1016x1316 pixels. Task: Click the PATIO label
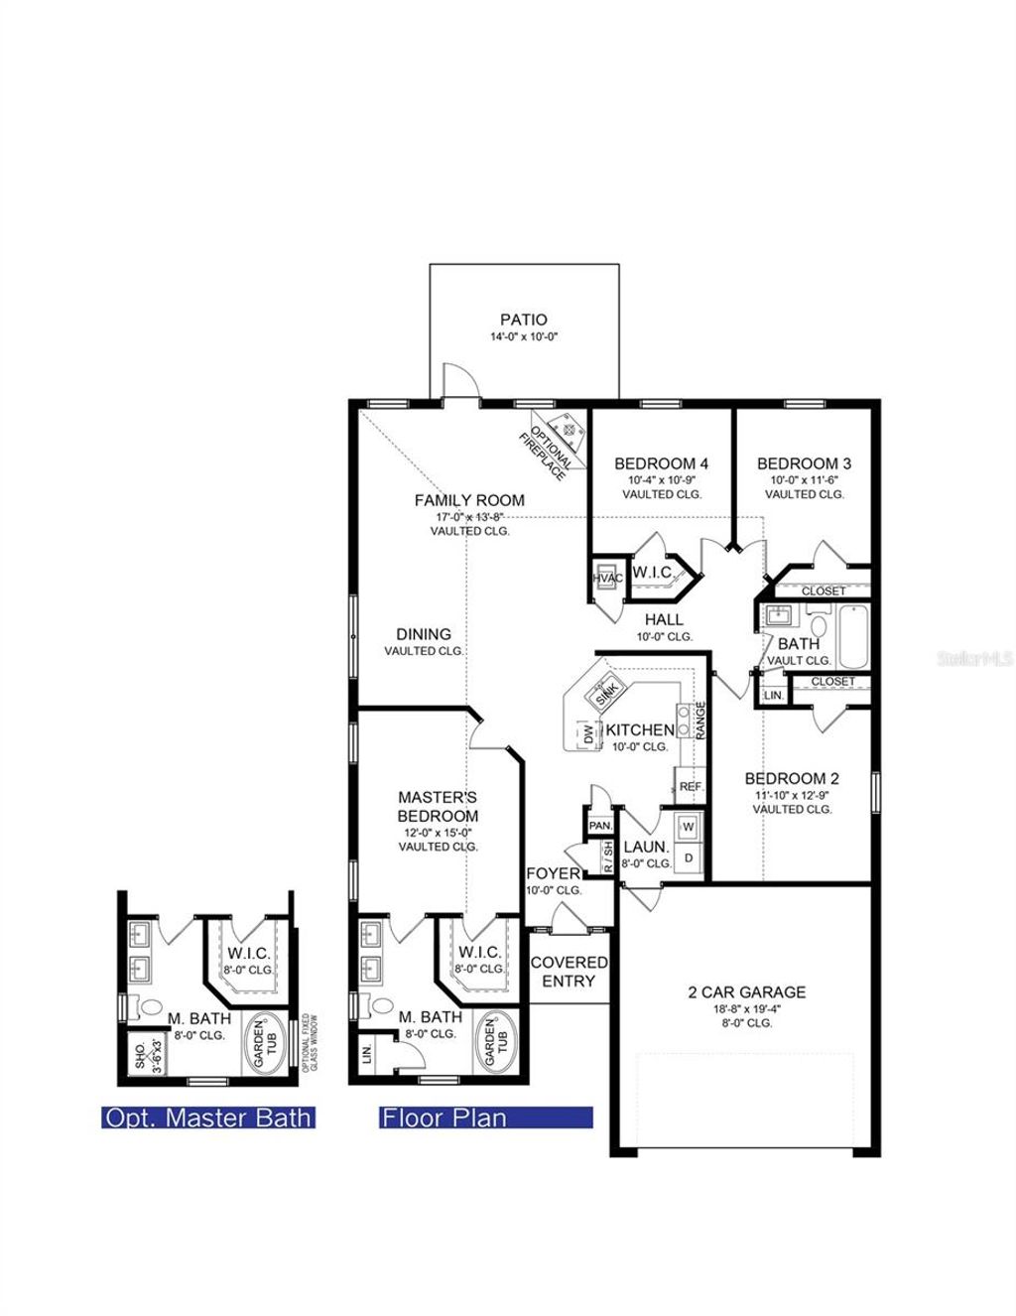pos(523,320)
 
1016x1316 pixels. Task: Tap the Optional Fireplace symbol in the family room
pos(569,429)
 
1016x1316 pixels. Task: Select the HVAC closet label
pos(606,579)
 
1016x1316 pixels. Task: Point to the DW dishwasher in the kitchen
pos(587,734)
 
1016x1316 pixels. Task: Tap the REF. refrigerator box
pos(691,786)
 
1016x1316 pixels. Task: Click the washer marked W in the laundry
pos(689,826)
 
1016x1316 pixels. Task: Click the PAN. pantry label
pos(599,825)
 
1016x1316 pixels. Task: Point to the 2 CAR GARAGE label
pos(747,991)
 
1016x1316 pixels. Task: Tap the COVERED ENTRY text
pos(569,972)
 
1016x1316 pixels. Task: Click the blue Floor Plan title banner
pos(485,1118)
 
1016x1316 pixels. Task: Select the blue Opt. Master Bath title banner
pos(208,1118)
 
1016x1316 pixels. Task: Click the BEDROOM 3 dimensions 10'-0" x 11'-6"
pos(804,479)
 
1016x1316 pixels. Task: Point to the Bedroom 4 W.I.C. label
pos(652,572)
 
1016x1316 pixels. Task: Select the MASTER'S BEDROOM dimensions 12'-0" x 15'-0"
pos(438,832)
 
